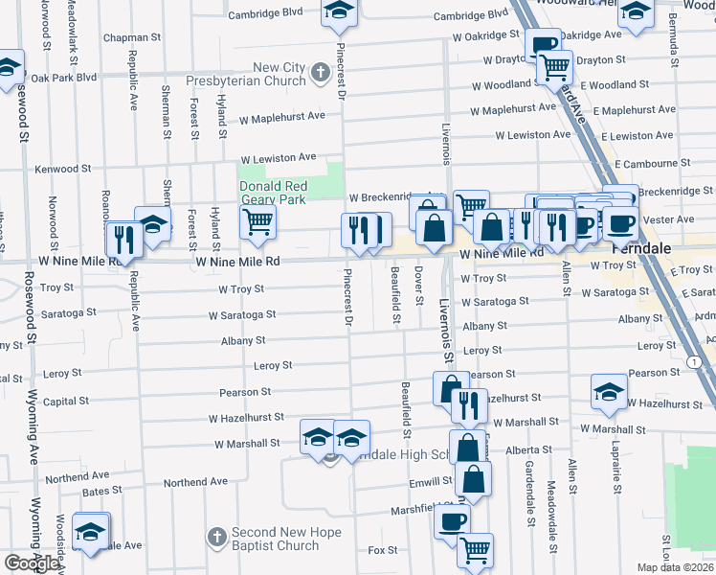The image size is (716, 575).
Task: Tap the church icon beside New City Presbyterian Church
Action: click(319, 70)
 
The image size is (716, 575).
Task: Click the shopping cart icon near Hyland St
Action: click(257, 221)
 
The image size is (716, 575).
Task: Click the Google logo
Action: click(32, 563)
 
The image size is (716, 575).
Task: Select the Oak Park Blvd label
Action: click(64, 78)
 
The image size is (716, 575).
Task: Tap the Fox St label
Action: click(383, 550)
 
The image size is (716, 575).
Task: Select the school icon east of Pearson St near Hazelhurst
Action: click(608, 391)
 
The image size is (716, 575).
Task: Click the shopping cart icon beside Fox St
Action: click(475, 550)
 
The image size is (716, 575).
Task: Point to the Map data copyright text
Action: click(675, 567)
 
